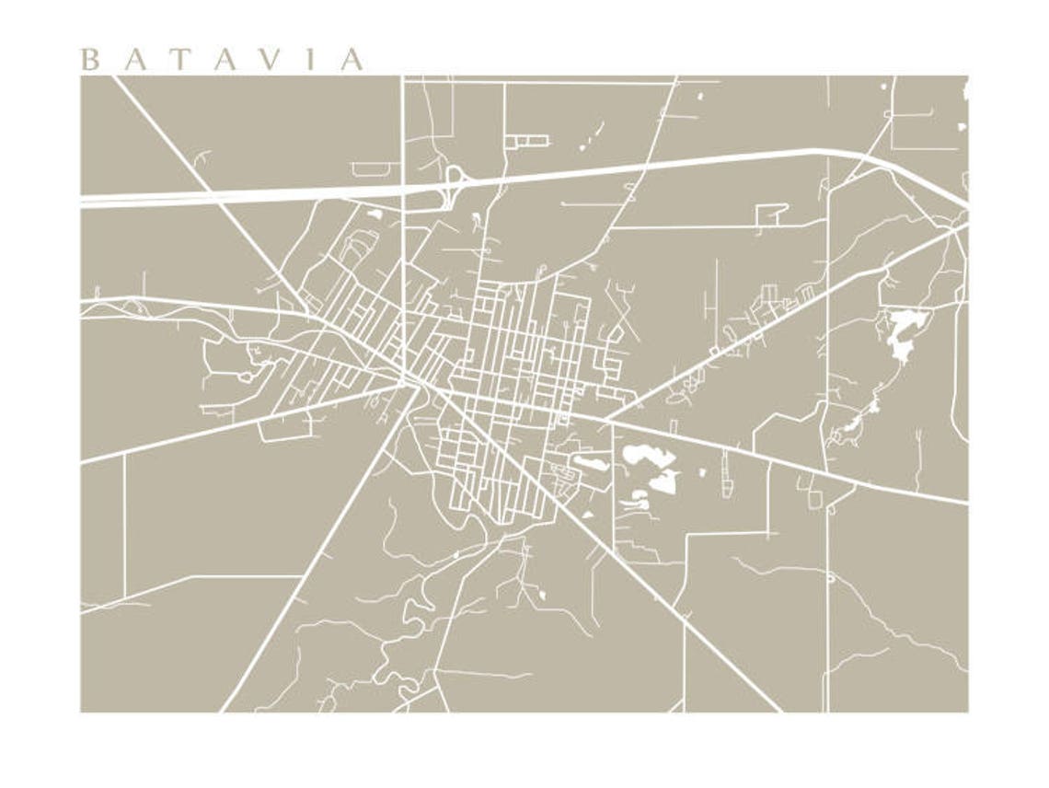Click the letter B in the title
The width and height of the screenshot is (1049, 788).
[x=89, y=61]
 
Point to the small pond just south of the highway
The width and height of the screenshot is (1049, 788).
[x=375, y=214]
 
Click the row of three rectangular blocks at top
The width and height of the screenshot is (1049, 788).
[x=525, y=141]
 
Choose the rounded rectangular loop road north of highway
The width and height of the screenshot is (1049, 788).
[x=375, y=168]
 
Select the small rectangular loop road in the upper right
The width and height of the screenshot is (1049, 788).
[x=772, y=214]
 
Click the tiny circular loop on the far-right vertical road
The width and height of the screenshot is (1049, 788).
[x=830, y=578]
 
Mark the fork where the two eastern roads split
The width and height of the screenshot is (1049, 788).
[x=607, y=420]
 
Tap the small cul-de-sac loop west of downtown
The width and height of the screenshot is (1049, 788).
[x=246, y=377]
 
